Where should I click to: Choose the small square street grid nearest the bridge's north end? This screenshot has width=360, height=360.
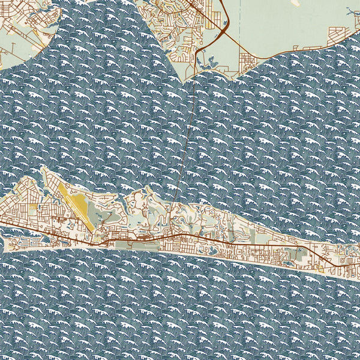[246, 60]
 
